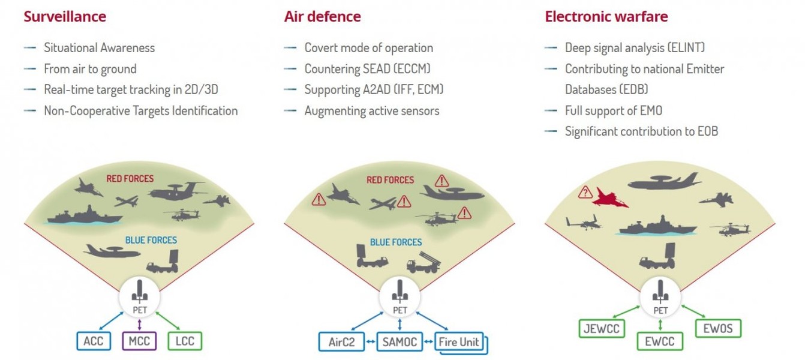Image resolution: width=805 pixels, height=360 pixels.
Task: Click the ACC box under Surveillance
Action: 94,341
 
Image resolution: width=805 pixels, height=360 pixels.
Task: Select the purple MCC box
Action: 139,341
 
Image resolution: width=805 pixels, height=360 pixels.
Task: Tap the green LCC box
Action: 185,341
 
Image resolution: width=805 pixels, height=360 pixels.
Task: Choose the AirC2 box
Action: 341,341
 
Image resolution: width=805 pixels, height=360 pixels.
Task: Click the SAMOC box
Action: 400,341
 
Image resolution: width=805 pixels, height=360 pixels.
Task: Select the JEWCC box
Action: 602,329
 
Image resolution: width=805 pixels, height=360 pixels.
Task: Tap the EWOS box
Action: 718,328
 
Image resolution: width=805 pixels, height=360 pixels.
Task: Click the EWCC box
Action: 660,341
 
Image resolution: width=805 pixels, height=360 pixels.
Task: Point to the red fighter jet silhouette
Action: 610,198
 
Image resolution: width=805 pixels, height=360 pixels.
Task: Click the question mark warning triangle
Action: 585,193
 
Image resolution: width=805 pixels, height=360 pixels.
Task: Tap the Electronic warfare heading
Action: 606,17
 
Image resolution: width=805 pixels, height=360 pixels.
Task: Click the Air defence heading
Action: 322,17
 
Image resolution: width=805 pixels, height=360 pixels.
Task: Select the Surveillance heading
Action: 65,17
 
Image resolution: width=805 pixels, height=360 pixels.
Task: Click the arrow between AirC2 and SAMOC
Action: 371,341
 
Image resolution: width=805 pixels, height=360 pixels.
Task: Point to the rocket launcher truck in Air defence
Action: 423,263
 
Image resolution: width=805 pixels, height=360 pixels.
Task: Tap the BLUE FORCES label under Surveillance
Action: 151,240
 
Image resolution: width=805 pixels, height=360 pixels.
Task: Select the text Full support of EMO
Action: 614,111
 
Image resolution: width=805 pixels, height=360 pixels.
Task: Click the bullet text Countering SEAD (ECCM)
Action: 367,68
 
